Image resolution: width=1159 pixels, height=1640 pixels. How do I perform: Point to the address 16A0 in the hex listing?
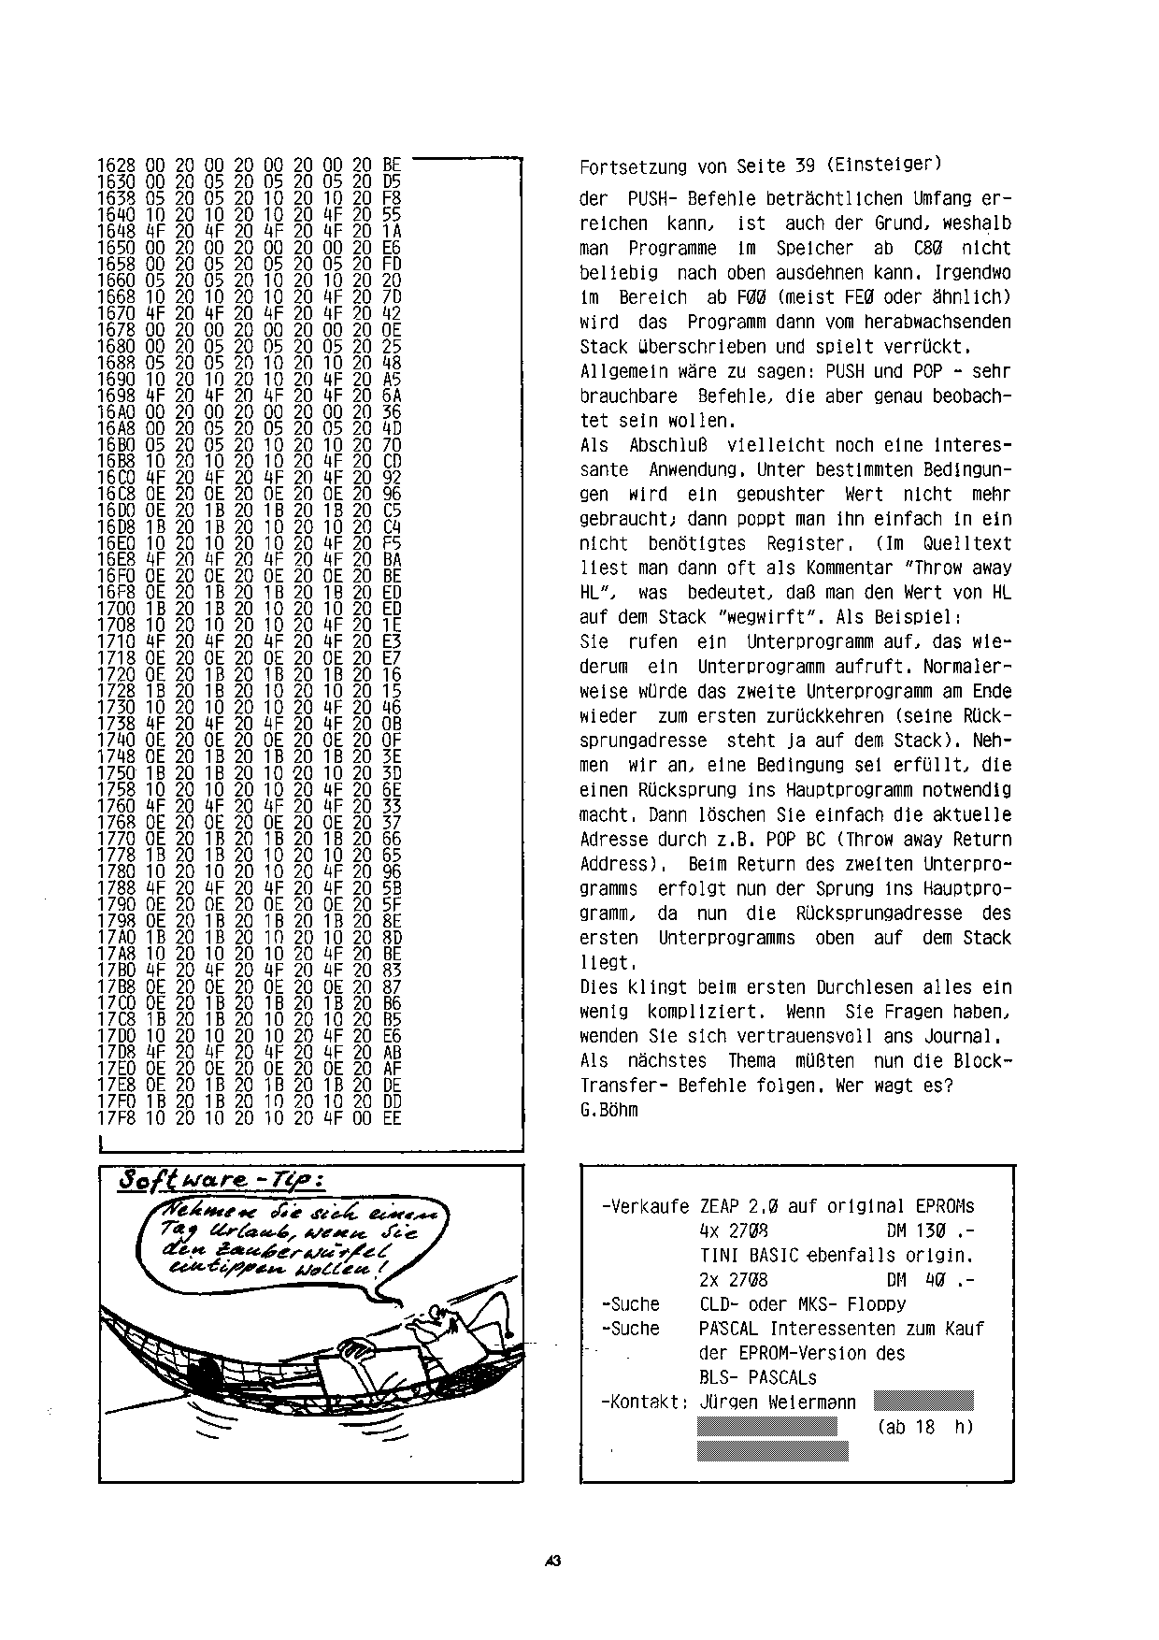pyautogui.click(x=116, y=411)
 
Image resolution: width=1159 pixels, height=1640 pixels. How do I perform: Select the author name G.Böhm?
pyautogui.click(x=609, y=1110)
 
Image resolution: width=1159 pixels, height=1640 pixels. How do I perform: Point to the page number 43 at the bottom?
pyautogui.click(x=552, y=1561)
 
